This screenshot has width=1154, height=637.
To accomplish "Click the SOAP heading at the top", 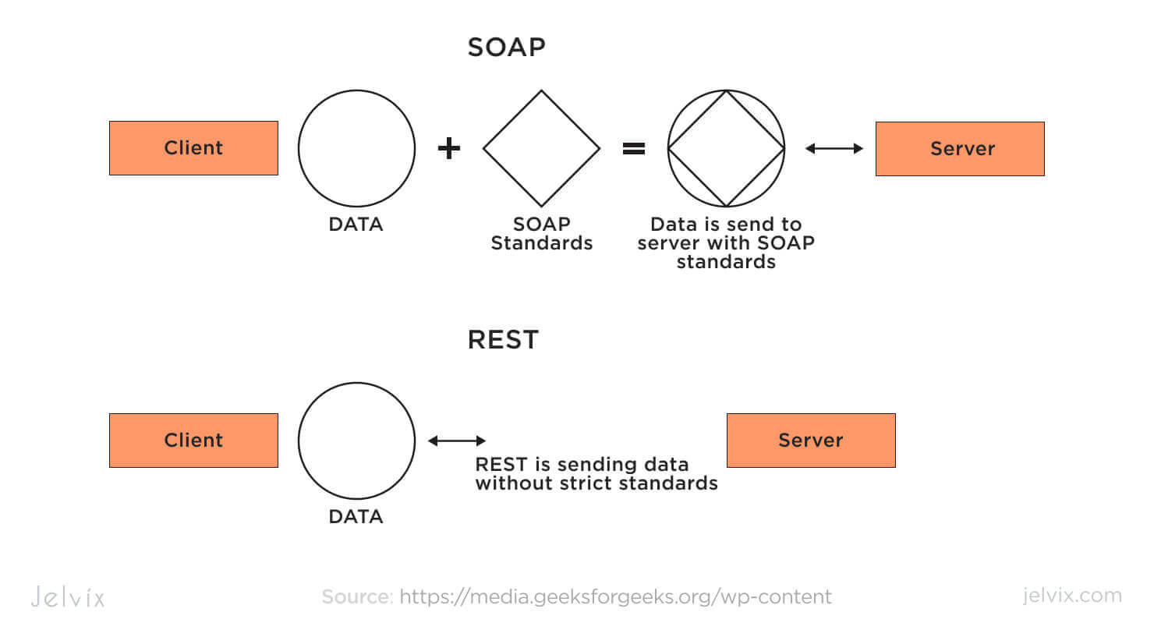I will tap(506, 48).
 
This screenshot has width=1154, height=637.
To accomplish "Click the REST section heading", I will tap(503, 340).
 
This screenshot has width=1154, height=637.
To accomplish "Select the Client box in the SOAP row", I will tap(193, 148).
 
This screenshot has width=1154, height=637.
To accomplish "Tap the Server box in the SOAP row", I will tap(960, 149).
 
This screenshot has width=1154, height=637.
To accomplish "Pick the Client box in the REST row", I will tap(193, 441).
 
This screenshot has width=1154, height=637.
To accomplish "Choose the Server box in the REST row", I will tap(811, 441).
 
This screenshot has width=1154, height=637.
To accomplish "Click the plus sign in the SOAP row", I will tap(448, 148).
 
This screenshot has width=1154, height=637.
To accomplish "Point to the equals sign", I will tap(634, 148).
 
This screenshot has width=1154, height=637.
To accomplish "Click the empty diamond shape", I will tap(541, 148).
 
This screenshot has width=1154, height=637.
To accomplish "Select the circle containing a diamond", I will tap(726, 148).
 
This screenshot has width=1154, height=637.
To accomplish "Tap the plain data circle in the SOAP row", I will tap(356, 148).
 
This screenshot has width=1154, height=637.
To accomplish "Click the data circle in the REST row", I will tap(356, 441).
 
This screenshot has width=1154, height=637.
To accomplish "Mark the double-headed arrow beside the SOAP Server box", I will tap(834, 148).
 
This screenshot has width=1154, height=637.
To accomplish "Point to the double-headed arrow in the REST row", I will tap(457, 441).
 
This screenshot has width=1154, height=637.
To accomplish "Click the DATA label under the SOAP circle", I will tap(356, 225).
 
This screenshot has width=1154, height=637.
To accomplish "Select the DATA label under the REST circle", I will tap(356, 517).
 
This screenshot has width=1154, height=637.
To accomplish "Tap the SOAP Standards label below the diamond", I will tap(541, 234).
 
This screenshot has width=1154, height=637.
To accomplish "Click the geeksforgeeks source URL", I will tap(615, 597).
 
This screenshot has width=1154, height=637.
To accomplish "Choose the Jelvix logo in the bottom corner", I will tap(68, 597).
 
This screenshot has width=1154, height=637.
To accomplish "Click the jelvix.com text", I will tap(1072, 596).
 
